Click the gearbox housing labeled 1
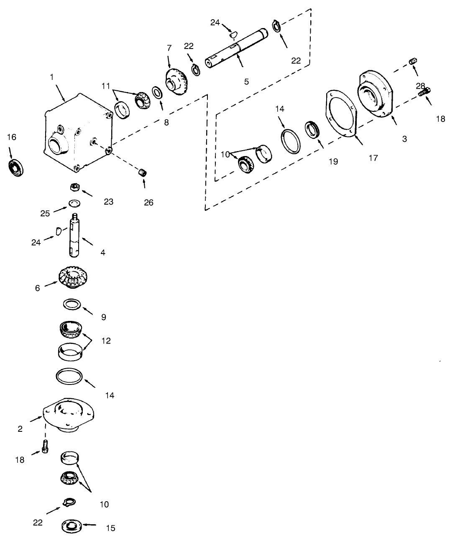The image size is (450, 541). click(x=77, y=134)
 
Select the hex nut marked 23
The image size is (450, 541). click(x=74, y=187)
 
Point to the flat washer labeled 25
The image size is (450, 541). click(x=74, y=203)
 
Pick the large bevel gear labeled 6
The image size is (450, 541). click(x=74, y=277)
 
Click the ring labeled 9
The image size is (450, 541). click(x=72, y=304)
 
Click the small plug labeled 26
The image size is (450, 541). click(x=143, y=172)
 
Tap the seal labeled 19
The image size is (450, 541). click(x=311, y=128)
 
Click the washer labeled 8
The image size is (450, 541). click(x=158, y=91)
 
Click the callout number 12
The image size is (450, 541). click(x=106, y=341)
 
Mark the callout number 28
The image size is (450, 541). click(x=420, y=86)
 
